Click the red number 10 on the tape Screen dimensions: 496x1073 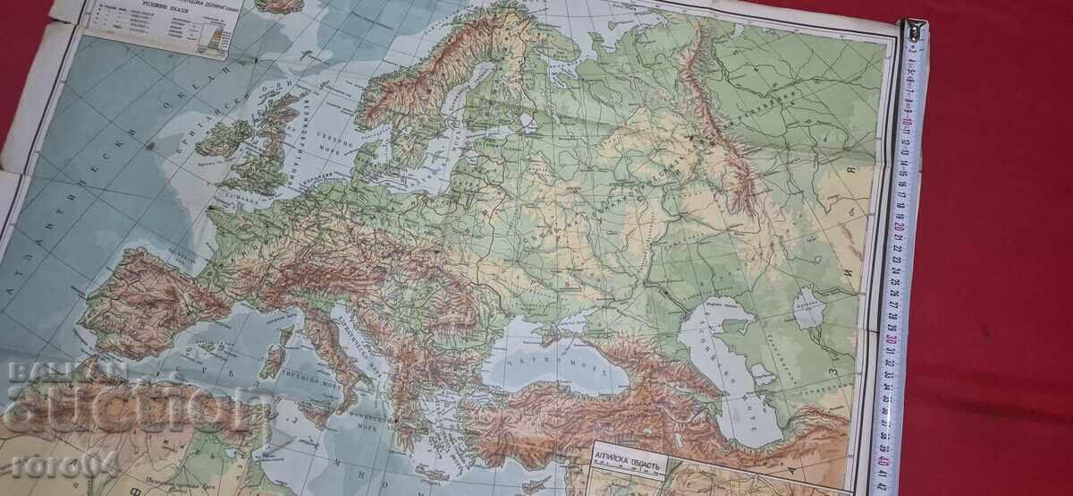[x=908, y=121]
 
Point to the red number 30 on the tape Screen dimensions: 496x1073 [x=891, y=339]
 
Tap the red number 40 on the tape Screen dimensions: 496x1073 [x=883, y=461]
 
